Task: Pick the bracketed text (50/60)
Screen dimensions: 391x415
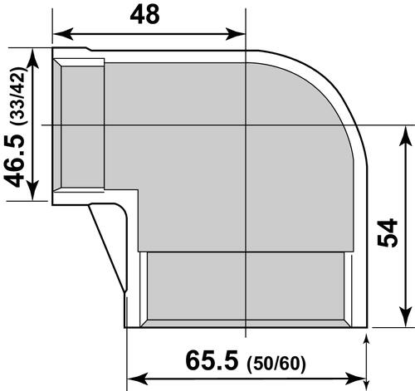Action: tap(277, 363)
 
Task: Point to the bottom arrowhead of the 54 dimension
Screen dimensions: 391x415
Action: tap(405, 325)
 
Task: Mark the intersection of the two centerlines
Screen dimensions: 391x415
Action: tap(247, 125)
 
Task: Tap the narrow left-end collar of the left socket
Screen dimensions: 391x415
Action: tap(58, 125)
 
